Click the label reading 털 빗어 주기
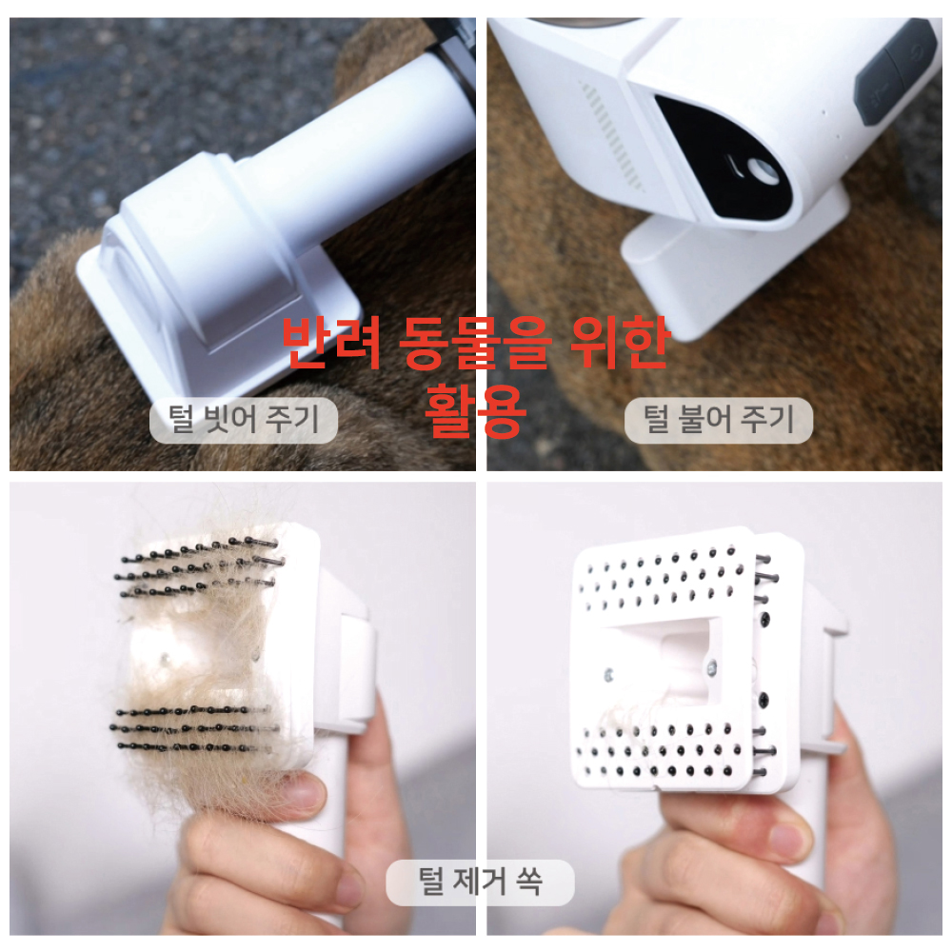(x=244, y=420)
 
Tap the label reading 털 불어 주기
(x=718, y=420)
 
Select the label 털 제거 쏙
(x=480, y=882)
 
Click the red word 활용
(x=475, y=411)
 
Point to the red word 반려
(x=331, y=343)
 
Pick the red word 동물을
(x=475, y=343)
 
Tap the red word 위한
(x=620, y=343)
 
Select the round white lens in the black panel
(x=763, y=171)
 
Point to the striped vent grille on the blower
(x=611, y=136)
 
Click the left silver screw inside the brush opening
(x=608, y=675)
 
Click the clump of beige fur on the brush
(x=200, y=662)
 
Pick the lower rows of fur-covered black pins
(x=194, y=728)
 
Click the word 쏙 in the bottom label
(x=528, y=882)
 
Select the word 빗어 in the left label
(x=231, y=420)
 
